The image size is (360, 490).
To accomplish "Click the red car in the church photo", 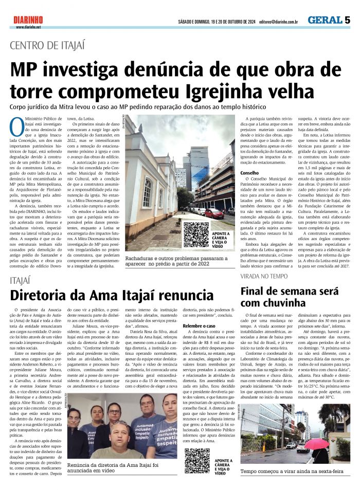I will click(x=213, y=212).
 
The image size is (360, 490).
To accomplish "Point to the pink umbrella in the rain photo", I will click(x=317, y=443).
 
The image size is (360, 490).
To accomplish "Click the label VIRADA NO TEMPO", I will click(x=264, y=276).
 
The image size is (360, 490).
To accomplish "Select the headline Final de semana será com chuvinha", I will click(x=292, y=297).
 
